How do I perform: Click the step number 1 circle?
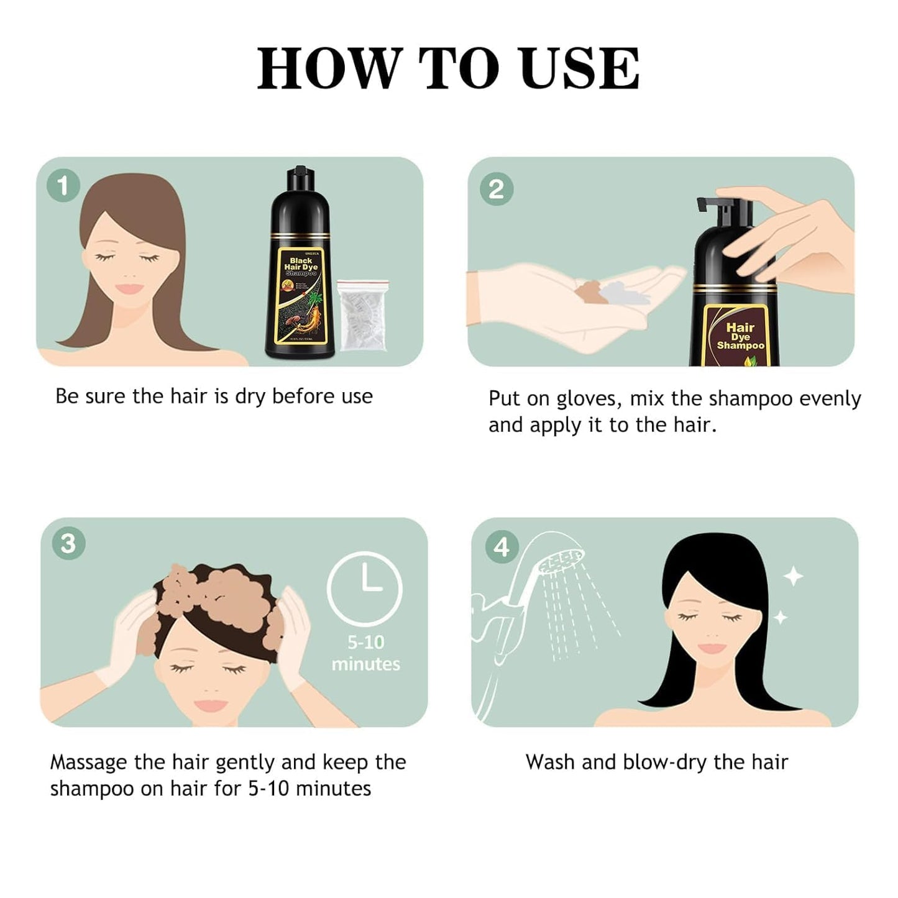pos(63,185)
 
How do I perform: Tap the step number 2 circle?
pos(496,189)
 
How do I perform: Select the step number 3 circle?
pos(68,543)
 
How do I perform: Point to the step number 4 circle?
pos(501,547)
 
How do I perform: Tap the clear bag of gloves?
pos(362,315)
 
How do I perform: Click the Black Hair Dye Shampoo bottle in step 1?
pos(300,267)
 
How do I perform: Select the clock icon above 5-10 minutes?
pos(365,588)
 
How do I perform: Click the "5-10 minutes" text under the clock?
pos(365,653)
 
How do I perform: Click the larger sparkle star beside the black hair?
pos(792,577)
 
